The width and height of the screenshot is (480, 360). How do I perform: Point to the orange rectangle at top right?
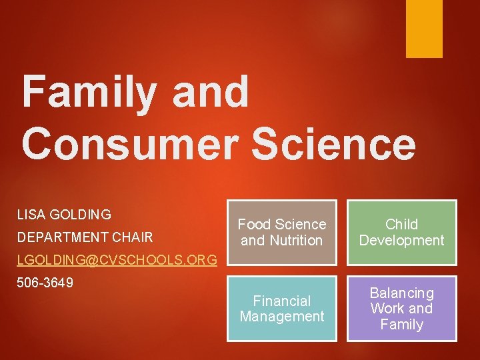[424, 28]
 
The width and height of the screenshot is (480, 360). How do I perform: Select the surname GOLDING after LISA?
[81, 215]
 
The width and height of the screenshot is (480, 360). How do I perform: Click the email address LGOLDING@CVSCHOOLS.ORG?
[117, 259]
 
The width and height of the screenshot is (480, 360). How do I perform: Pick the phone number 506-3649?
[45, 283]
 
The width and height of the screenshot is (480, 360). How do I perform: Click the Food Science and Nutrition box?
[282, 232]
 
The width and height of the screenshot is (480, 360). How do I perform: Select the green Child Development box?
[401, 232]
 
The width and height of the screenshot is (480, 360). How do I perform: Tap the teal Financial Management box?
[282, 309]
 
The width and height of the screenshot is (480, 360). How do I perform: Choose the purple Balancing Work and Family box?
[401, 309]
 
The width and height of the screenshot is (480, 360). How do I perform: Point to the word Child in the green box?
[401, 224]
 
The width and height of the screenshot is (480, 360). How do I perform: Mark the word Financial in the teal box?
[282, 301]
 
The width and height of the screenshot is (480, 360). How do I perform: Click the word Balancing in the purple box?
[401, 293]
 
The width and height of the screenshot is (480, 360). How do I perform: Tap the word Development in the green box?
[401, 241]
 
